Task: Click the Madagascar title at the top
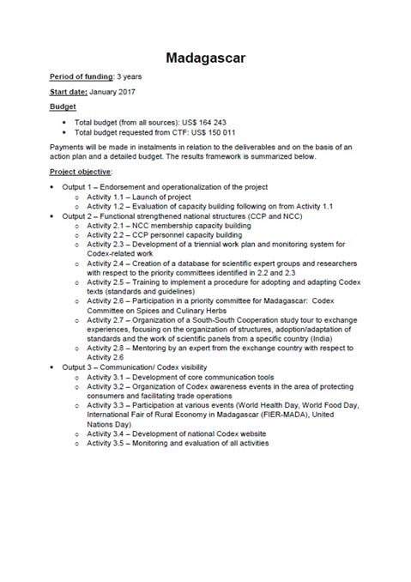205,57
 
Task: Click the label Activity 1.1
105,197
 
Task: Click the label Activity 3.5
105,443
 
